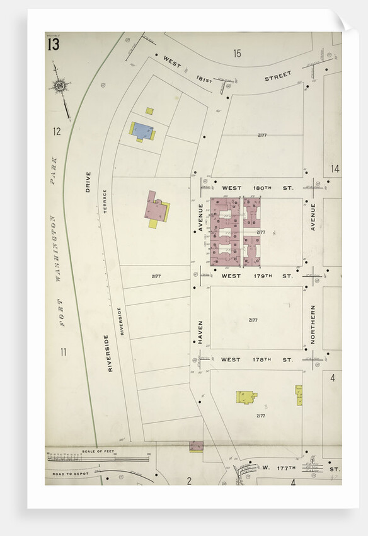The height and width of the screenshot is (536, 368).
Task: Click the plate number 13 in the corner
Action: (52, 45)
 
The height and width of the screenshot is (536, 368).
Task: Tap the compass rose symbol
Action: (60, 84)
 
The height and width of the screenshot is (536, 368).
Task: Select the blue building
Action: (143, 131)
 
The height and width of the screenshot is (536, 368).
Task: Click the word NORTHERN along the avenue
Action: (313, 324)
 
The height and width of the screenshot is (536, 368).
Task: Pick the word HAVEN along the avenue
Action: (200, 331)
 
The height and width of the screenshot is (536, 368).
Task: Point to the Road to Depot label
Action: (67, 474)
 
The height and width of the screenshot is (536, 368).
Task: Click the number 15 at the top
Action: (237, 54)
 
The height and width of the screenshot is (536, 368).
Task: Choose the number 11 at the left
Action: (64, 352)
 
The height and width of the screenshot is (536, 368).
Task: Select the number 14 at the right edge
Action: (335, 169)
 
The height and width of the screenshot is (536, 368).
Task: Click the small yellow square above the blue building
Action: (149, 111)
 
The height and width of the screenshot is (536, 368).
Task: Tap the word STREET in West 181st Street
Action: (278, 76)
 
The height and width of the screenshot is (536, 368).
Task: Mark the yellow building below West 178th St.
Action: (246, 397)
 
